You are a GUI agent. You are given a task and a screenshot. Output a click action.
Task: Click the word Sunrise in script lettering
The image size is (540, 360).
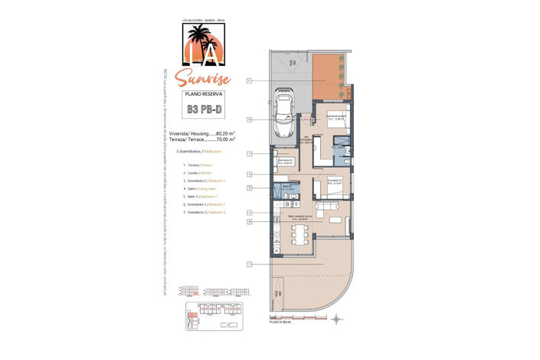coord(201,77)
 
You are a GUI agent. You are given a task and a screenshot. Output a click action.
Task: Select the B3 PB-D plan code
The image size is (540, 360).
coord(204,110)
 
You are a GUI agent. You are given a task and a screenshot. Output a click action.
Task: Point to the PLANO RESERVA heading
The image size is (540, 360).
coord(204,93)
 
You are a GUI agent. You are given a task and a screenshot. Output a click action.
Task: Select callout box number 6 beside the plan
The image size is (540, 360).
coord(250,119)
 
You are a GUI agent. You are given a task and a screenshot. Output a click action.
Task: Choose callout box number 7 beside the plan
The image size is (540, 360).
coord(250,154)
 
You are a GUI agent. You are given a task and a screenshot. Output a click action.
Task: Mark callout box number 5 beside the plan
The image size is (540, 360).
coord(250,188)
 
